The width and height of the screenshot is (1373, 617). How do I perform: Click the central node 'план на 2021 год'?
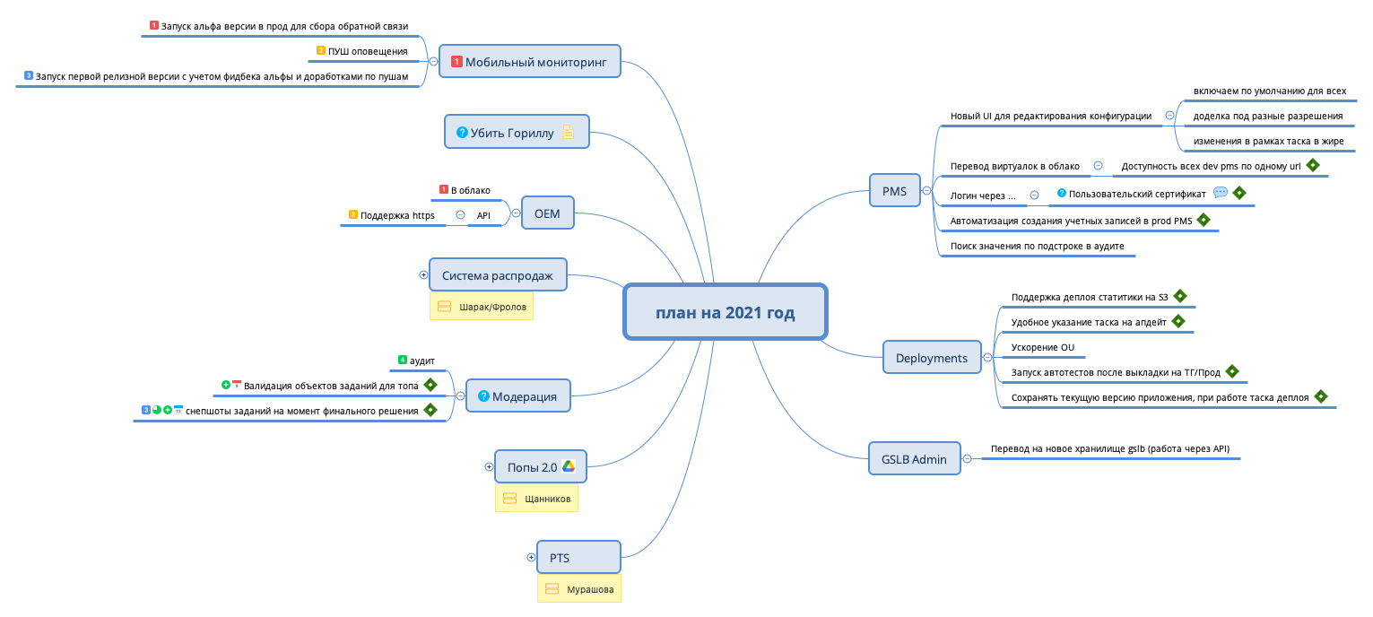click(725, 312)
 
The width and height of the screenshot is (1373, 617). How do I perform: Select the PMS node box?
click(895, 191)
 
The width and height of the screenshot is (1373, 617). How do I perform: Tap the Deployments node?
click(932, 358)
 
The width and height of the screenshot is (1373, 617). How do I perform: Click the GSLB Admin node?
click(915, 459)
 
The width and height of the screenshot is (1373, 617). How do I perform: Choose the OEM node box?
click(547, 213)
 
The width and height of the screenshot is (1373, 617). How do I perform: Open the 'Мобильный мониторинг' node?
click(529, 62)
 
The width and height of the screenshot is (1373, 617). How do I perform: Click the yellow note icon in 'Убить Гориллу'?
click(568, 133)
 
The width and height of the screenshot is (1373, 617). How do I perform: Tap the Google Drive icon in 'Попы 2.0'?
click(569, 466)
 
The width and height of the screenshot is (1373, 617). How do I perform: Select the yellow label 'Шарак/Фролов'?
click(482, 307)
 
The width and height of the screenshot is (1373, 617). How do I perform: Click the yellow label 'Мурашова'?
click(579, 589)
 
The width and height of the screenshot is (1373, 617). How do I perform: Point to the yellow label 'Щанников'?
click(536, 498)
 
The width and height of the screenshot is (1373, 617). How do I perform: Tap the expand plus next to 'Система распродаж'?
click(424, 275)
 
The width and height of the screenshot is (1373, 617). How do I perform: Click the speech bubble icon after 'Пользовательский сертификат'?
click(1220, 193)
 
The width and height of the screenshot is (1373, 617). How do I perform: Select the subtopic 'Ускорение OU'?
click(1042, 347)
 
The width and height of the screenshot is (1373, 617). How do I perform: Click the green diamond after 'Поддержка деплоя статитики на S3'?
click(1179, 296)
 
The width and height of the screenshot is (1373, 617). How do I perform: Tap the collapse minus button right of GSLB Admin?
click(967, 459)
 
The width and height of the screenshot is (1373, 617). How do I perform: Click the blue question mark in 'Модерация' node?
click(483, 396)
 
